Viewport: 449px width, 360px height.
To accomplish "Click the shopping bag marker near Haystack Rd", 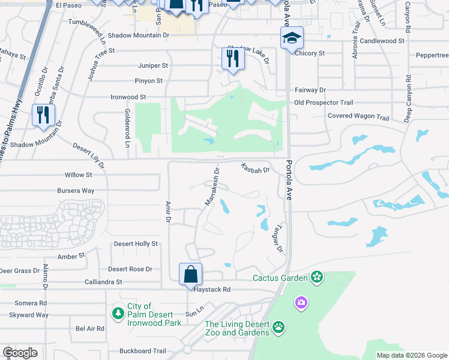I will [x=190, y=274].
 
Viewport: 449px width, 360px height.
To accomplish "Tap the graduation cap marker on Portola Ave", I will [x=292, y=38].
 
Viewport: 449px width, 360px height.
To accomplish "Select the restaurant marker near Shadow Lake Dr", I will [x=232, y=58].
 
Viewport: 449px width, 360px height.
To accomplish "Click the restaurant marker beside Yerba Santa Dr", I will [x=42, y=115].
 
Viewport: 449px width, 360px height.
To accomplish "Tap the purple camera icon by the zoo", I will [x=301, y=304].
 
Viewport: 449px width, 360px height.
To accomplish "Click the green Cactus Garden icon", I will [x=316, y=277].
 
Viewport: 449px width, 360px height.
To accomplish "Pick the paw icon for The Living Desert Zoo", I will [x=279, y=327].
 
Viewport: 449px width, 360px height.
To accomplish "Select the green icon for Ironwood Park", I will [x=118, y=313].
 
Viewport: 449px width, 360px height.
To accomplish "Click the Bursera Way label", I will [x=75, y=191].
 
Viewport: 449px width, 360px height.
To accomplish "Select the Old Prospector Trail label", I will [x=324, y=103].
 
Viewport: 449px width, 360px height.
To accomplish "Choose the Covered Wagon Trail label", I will [x=358, y=116].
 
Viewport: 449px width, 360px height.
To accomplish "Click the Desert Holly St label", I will [x=136, y=244].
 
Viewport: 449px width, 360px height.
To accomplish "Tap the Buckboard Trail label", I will [x=142, y=351].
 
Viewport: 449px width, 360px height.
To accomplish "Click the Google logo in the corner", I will [x=20, y=353].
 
